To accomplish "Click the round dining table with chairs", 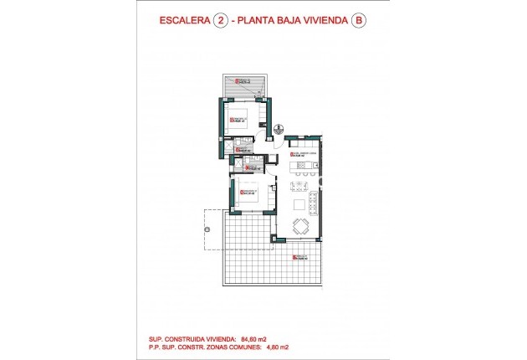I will (x=299, y=225).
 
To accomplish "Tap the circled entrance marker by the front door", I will (x=278, y=129).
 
